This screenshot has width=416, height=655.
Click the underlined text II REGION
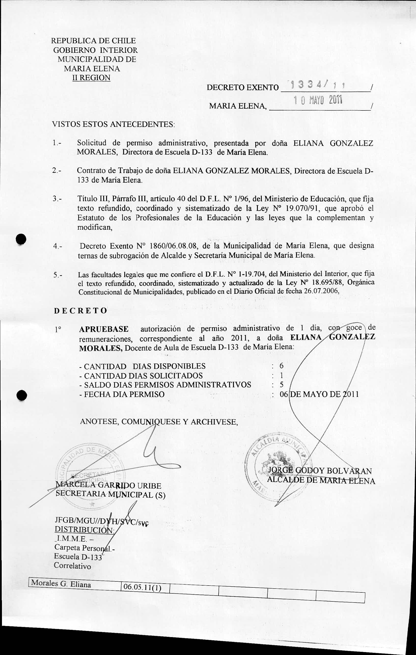91,78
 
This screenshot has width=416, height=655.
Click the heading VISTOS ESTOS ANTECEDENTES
113,124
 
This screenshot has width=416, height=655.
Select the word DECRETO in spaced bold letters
81,311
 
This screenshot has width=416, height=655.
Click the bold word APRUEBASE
104,329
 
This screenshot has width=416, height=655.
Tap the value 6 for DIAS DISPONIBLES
281,366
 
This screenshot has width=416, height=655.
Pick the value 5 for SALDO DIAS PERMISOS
281,385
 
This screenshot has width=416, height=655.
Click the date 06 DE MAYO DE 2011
319,394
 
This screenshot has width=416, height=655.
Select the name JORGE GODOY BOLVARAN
320,471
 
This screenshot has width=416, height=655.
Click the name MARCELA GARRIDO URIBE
108,485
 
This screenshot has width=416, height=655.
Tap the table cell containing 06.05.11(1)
142,587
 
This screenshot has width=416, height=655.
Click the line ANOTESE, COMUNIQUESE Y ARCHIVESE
159,422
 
